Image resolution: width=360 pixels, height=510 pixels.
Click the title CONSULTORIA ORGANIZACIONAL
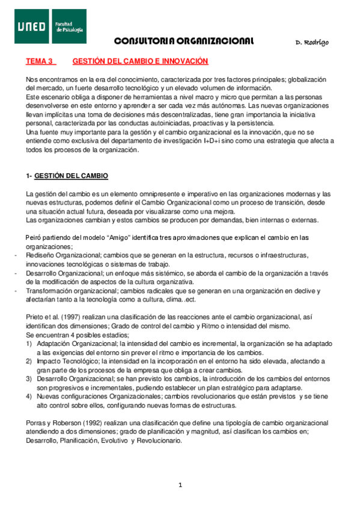(x=183, y=41)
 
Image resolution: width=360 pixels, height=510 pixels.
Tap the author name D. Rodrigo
(x=313, y=43)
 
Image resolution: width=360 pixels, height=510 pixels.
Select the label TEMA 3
(x=40, y=61)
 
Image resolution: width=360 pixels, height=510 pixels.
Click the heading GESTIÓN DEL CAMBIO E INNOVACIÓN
(x=140, y=61)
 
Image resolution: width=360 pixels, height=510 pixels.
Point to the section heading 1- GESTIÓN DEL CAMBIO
(x=67, y=176)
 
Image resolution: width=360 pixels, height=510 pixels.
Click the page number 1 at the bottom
(x=180, y=485)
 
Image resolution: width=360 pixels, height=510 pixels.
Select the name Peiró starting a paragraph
(x=34, y=238)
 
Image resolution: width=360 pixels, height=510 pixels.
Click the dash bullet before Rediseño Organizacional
(x=15, y=256)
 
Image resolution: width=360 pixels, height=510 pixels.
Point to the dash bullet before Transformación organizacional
(x=15, y=290)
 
